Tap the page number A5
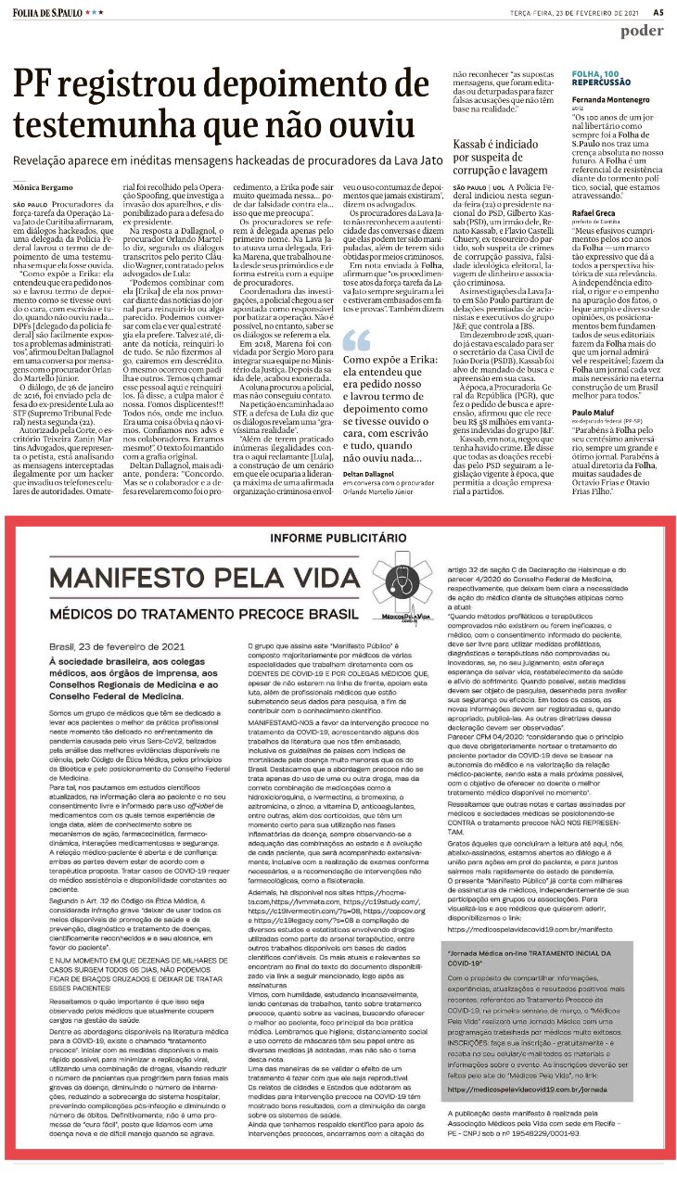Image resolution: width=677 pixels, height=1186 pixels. click(658, 12)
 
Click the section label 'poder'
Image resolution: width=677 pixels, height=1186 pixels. click(642, 31)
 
